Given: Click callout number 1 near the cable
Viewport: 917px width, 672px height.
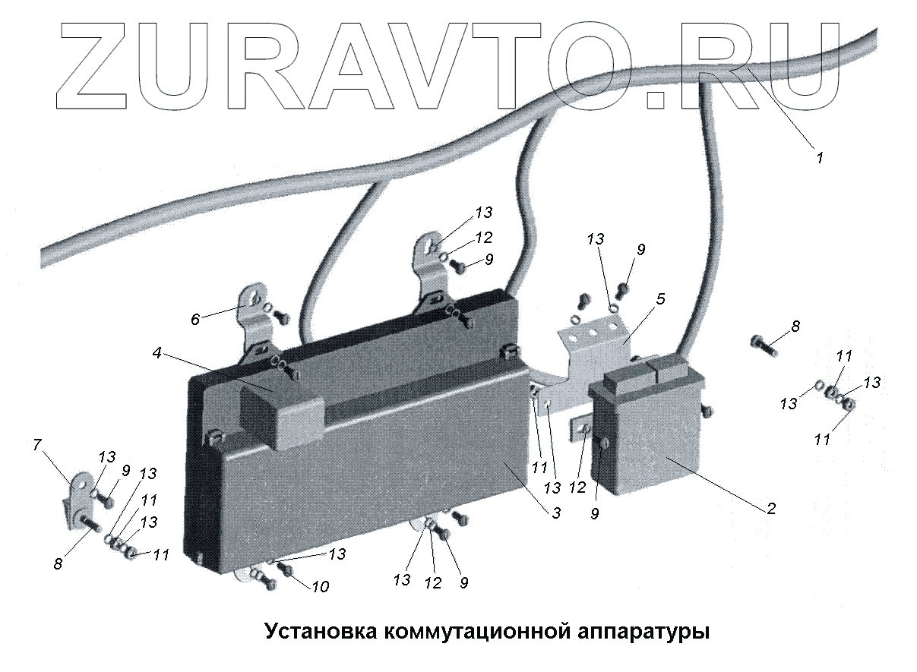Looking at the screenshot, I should (x=819, y=159).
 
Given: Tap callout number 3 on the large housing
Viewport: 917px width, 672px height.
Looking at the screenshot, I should (x=557, y=513).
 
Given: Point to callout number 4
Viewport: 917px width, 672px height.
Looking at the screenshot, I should (x=156, y=352).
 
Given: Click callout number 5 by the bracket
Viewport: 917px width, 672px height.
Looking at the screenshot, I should (x=659, y=299).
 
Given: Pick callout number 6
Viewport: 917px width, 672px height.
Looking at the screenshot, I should (x=195, y=319).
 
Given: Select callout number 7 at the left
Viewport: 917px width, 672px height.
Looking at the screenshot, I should (x=37, y=446).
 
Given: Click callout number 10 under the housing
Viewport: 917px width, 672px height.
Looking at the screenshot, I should (x=321, y=586).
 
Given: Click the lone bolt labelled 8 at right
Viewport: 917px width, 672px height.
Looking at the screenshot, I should (x=762, y=346).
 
